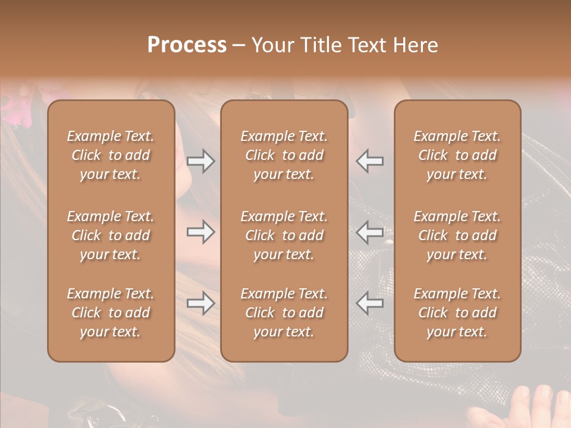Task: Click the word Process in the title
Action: (187, 45)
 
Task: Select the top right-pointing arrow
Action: (200, 160)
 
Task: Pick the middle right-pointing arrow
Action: (200, 232)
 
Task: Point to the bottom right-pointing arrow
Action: (200, 304)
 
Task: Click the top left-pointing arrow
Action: (370, 160)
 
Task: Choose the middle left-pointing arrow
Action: (370, 232)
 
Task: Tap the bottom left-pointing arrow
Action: (370, 304)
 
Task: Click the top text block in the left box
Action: (111, 155)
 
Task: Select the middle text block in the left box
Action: (111, 235)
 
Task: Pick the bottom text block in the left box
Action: (111, 313)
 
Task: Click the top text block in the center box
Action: (284, 155)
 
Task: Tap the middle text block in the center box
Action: (284, 235)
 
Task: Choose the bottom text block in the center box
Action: (284, 313)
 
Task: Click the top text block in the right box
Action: (457, 155)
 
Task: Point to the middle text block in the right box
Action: (457, 235)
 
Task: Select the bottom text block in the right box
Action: (457, 313)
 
